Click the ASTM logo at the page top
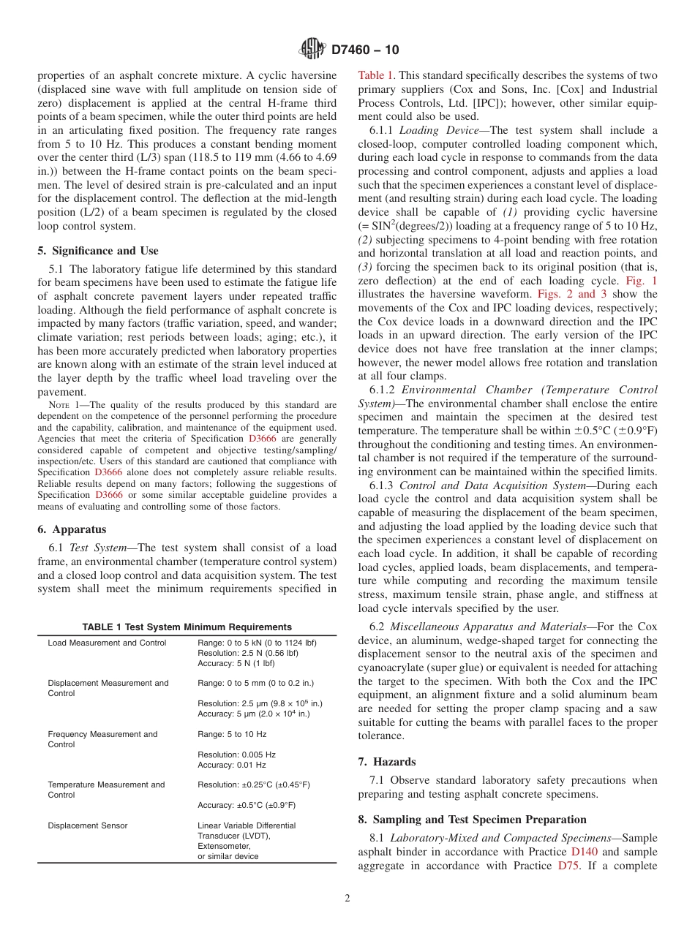tap(312, 50)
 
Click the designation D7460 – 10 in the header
tap(365, 50)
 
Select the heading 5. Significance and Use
tap(98, 251)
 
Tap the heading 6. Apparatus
tap(72, 529)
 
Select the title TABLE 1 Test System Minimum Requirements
tap(187, 627)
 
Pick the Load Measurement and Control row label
tap(107, 643)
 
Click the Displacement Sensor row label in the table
tap(88, 825)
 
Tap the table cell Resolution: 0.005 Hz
tap(236, 755)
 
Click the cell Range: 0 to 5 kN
tap(257, 643)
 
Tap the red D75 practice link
tap(568, 866)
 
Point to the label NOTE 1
tap(62, 405)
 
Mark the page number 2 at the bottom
tap(347, 899)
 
